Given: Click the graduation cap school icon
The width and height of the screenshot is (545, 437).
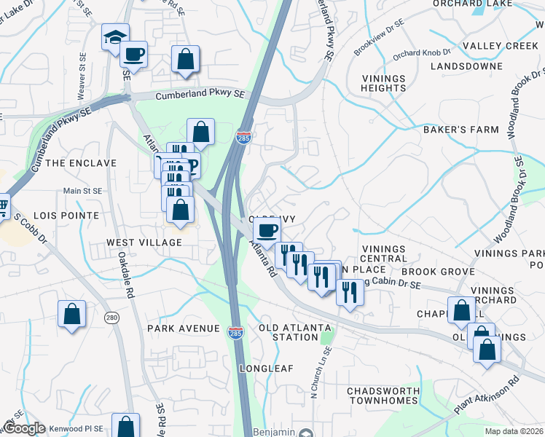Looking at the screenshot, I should point(115,37).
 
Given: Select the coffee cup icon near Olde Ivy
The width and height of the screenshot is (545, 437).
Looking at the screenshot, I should point(267,231).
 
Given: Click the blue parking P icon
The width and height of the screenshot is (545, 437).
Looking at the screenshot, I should point(193,165).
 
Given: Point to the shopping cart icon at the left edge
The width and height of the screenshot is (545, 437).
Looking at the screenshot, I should point(2,207).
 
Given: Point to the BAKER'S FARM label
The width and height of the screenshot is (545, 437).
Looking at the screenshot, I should point(461,130).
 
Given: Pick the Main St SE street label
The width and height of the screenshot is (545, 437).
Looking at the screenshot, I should point(83,191).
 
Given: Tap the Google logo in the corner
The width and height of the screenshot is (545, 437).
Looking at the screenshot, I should point(23,428).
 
